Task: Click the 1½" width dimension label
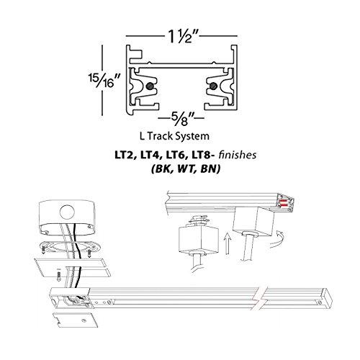coord(181,35)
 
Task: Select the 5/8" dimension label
coord(181,114)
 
